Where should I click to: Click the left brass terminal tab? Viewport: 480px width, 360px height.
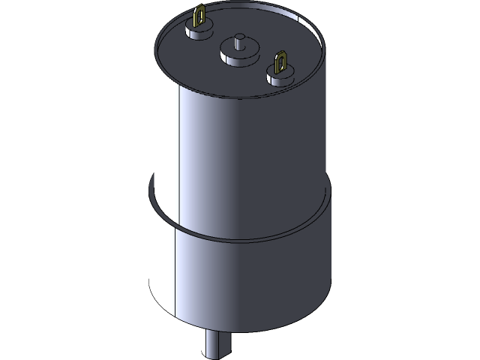200,19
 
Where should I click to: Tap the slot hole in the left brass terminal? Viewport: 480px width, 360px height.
201,16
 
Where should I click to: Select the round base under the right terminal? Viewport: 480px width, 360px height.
275,74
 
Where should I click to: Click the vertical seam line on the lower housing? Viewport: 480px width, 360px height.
175,270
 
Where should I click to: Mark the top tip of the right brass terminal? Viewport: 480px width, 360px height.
281,52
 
